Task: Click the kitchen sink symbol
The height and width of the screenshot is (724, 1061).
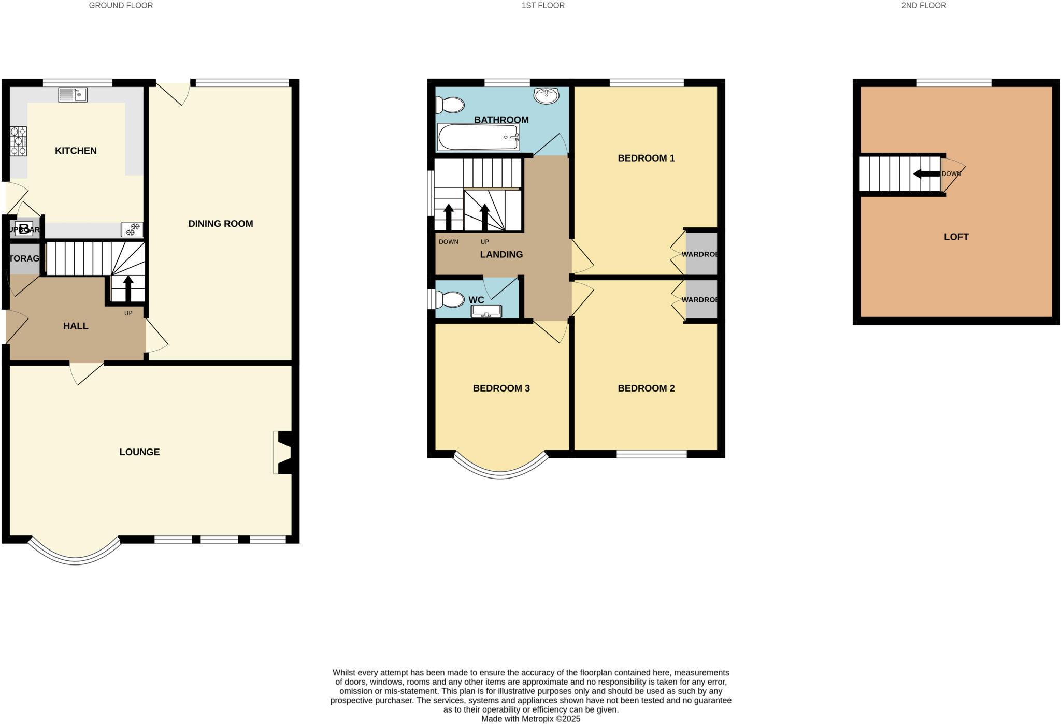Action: tap(73, 95)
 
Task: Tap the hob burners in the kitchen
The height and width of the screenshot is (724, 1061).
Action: tap(18, 141)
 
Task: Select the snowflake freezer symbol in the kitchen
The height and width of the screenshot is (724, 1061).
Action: tap(133, 229)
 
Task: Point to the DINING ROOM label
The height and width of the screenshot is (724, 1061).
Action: tap(220, 224)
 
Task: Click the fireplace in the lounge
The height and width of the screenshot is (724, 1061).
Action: tap(285, 453)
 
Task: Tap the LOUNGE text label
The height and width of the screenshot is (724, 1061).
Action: tap(139, 452)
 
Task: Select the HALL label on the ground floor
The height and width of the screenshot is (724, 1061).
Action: tap(76, 326)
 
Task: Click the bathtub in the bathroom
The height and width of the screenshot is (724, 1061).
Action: tap(478, 137)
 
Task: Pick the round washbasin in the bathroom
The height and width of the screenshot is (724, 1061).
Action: tap(546, 95)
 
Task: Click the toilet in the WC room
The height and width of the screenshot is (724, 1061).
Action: tap(450, 299)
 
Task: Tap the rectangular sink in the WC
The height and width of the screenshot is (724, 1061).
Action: tap(486, 311)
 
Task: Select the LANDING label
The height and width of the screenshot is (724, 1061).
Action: tap(501, 254)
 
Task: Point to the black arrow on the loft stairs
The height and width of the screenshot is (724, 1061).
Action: tap(926, 174)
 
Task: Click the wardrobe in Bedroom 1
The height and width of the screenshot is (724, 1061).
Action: tap(701, 254)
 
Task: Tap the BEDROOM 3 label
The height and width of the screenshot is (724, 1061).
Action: tap(501, 388)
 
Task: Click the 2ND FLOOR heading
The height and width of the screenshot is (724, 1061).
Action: tap(923, 6)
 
